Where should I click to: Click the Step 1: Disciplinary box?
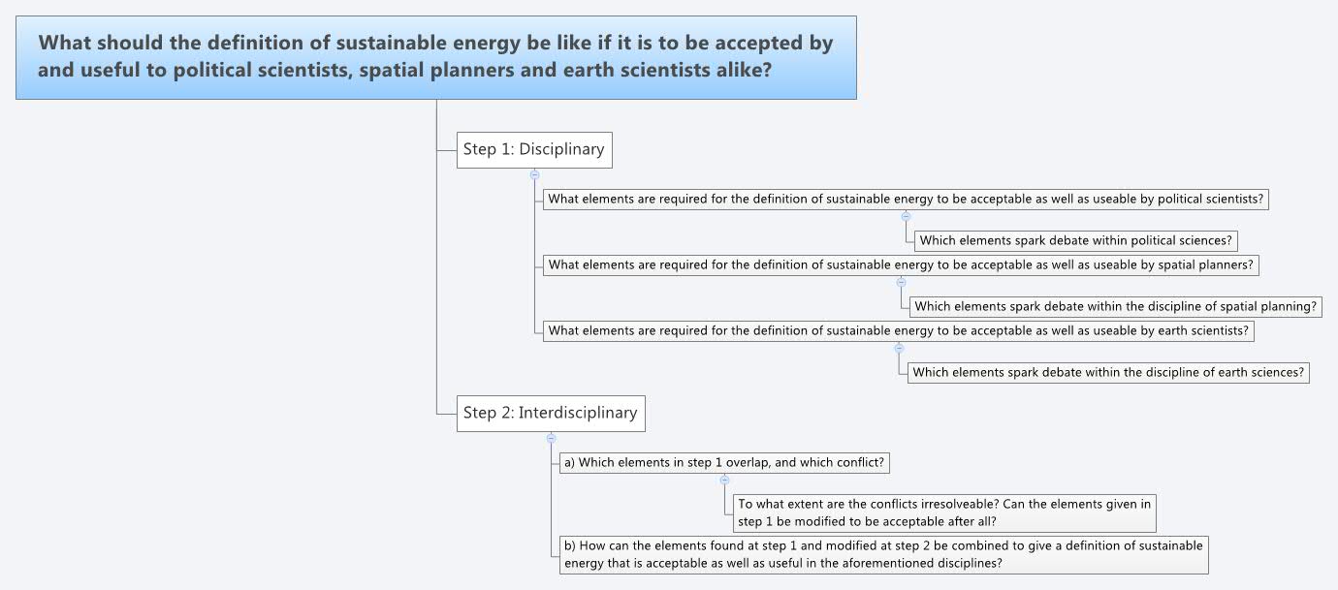534,149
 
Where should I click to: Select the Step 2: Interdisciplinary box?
550,413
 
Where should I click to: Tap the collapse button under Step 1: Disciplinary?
534,174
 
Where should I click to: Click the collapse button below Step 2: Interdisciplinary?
551,438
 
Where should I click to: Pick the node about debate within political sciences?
1076,240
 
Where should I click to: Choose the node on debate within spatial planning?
1116,306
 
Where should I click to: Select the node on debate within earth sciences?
1108,372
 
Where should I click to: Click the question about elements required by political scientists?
906,200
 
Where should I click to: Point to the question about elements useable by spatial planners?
901,264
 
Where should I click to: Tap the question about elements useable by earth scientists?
898,330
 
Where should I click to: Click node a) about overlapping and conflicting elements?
724,462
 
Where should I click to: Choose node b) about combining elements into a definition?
883,554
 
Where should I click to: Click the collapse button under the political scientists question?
906,217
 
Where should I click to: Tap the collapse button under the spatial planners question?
901,282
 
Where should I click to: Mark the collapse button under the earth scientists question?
899,348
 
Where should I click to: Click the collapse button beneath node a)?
724,480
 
